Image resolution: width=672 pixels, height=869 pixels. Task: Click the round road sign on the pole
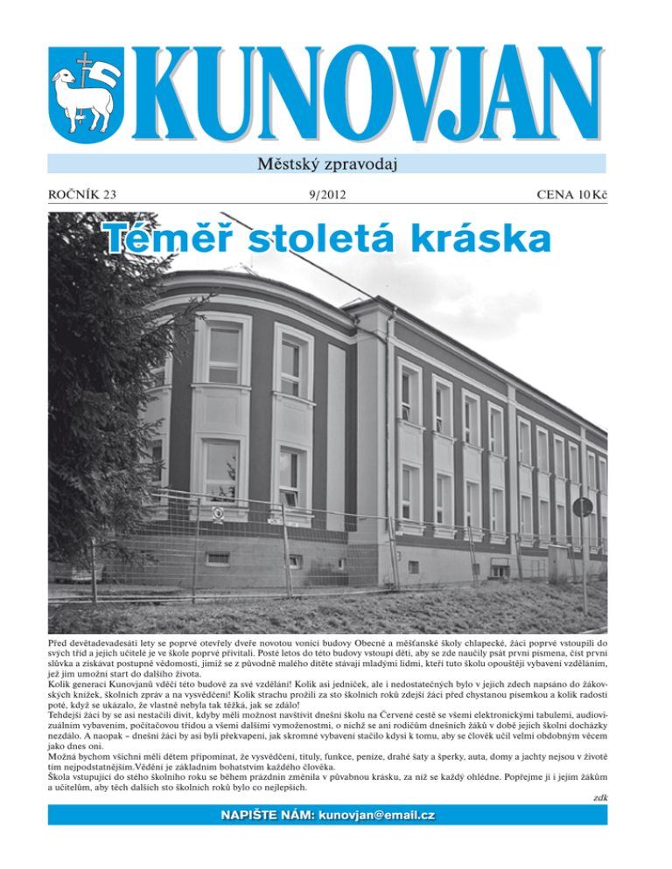coord(582,507)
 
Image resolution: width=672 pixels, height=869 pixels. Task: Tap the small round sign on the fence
coord(219,512)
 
